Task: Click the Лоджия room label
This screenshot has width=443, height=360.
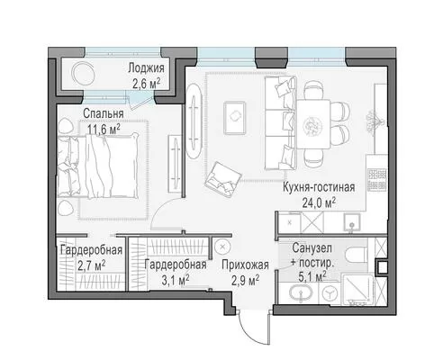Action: click(146, 68)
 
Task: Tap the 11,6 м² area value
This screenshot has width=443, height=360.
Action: click(104, 129)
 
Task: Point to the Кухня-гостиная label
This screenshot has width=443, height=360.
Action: click(319, 187)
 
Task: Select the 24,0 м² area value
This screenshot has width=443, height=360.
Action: click(319, 202)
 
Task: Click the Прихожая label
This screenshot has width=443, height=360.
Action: click(245, 265)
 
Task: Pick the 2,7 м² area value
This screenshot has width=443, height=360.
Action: click(91, 265)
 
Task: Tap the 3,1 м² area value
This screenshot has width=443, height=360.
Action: click(176, 280)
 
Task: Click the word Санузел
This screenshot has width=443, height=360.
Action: click(312, 248)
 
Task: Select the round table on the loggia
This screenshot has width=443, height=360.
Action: click(84, 73)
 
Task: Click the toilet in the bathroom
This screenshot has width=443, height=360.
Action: click(356, 255)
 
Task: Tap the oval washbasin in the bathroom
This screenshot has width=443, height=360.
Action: click(301, 292)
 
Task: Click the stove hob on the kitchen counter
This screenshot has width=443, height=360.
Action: click(377, 179)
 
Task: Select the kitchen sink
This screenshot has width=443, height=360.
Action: click(351, 222)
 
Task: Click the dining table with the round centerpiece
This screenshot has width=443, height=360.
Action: click(313, 124)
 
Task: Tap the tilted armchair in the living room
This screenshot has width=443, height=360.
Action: click(222, 179)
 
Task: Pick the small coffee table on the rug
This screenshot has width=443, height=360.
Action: click(235, 118)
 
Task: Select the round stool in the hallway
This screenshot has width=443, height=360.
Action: click(222, 247)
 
